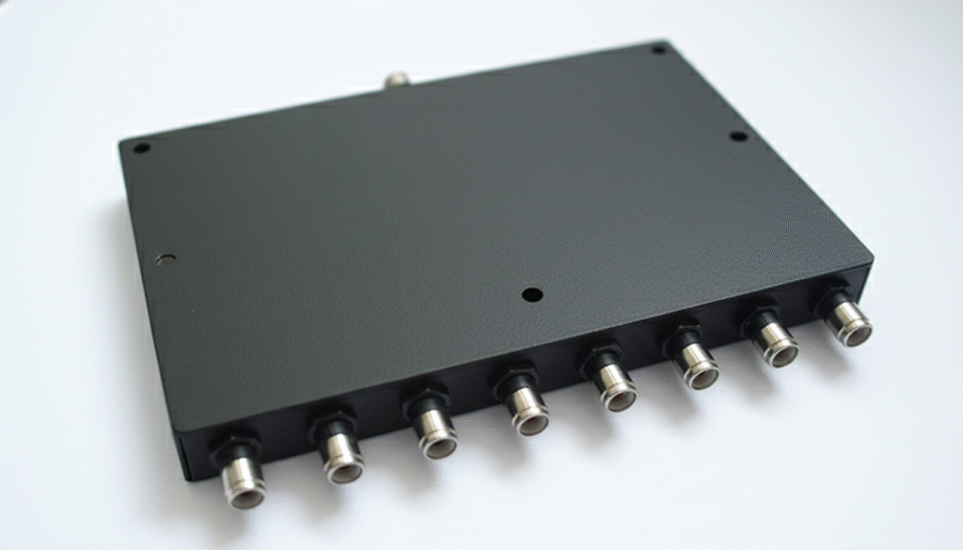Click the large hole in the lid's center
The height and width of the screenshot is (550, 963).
532,294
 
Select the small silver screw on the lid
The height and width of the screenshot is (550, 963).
167,259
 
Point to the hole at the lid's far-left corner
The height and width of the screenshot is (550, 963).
142,148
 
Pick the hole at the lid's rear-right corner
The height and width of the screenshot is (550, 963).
659,49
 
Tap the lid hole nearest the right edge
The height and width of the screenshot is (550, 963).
739,136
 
